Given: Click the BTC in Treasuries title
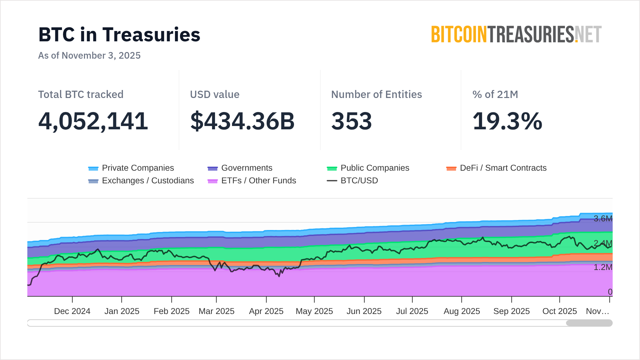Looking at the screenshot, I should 119,35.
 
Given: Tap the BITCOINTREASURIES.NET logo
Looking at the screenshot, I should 516,35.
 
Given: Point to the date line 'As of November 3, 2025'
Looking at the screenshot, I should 89,55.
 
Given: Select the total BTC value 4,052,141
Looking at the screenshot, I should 93,121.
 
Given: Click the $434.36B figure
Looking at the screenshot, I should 242,121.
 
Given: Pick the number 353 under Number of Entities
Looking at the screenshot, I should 351,121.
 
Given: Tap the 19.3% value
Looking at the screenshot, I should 507,121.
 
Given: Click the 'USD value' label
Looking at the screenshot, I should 215,94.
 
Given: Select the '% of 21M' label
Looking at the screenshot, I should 495,94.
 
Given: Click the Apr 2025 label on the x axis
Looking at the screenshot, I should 266,311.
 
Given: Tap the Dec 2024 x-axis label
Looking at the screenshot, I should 72,311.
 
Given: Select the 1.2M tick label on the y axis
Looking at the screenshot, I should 603,267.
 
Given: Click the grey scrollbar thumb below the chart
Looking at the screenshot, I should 589,323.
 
